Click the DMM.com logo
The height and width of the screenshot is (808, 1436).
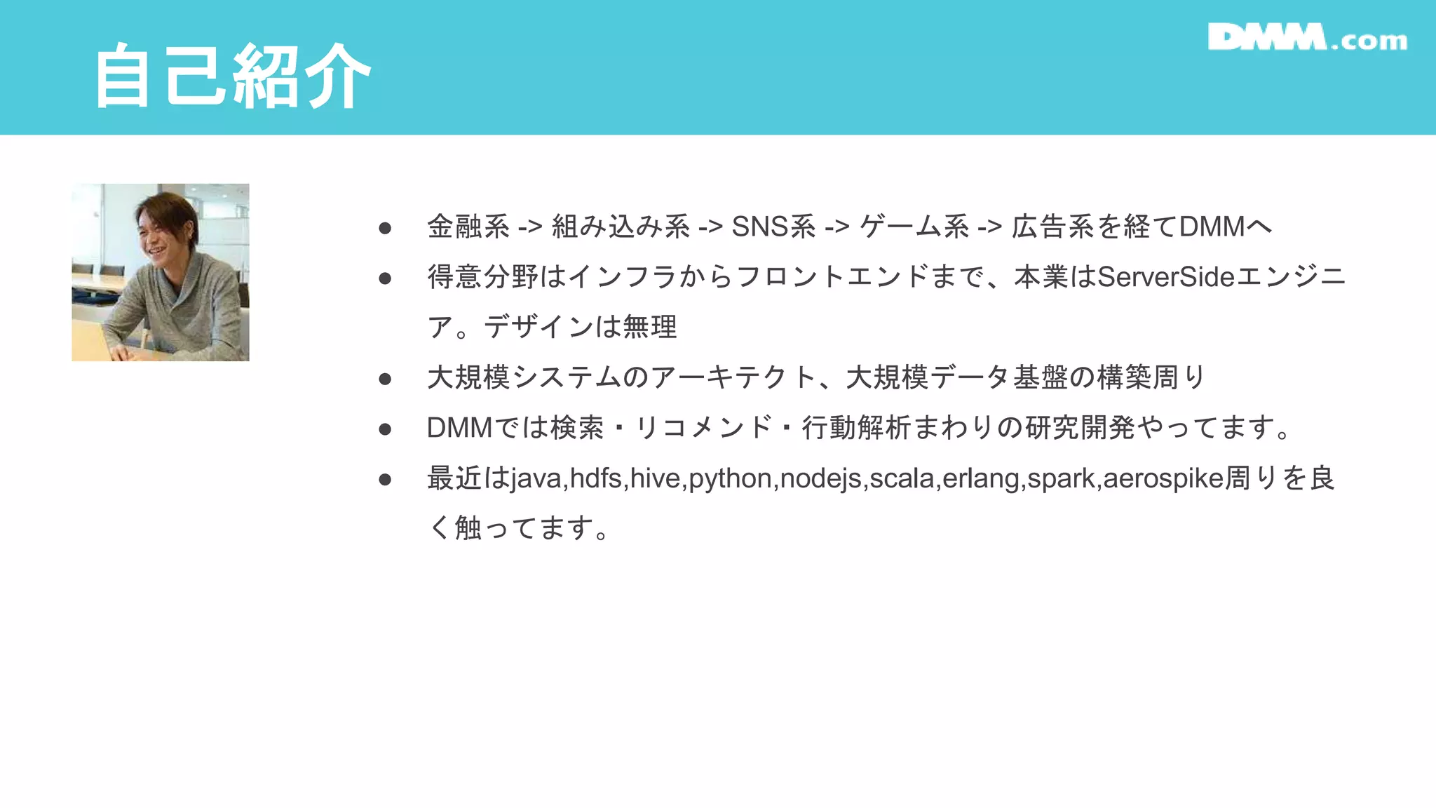(1307, 38)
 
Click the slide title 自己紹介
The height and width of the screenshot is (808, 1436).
(232, 76)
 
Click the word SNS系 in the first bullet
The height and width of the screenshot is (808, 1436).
(773, 227)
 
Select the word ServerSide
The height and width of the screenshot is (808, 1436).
(1165, 277)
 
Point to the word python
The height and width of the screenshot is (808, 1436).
(731, 478)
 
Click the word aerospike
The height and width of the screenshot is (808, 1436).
(1163, 478)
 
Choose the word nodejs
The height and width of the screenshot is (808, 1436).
(821, 478)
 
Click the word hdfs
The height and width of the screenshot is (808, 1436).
(596, 478)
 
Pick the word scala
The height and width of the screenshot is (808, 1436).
(902, 478)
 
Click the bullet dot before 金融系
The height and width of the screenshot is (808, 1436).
(385, 228)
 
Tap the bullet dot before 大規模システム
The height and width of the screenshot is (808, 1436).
(385, 379)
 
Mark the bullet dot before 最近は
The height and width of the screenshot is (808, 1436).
(385, 479)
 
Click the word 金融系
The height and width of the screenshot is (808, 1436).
(468, 227)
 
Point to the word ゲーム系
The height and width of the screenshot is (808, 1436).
(914, 227)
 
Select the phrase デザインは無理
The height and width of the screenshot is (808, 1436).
(581, 327)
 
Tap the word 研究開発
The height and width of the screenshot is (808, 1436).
(1080, 428)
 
